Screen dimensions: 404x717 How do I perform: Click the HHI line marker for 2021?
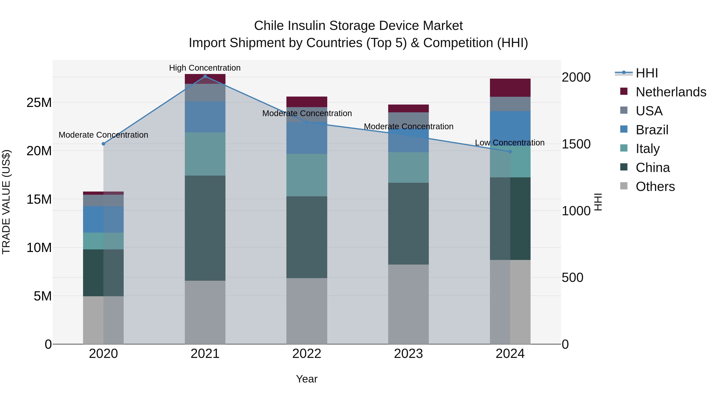(205, 76)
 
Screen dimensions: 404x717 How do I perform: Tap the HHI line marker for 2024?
(510, 152)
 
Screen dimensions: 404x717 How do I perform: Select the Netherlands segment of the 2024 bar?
(510, 88)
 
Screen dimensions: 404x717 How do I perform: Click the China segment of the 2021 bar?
(205, 228)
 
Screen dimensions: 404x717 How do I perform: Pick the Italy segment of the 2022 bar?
(307, 175)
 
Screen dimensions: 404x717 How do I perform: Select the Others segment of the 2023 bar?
(408, 304)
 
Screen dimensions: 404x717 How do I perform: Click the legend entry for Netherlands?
(671, 92)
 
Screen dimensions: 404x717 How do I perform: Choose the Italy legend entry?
(647, 149)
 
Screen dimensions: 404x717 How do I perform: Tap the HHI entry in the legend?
(646, 73)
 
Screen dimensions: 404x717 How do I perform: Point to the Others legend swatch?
(624, 186)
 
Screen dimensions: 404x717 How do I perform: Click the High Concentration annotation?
(205, 68)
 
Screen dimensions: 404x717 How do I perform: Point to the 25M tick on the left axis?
(39, 103)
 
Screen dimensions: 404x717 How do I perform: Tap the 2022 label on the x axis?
(307, 354)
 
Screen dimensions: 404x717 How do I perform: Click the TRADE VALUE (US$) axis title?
(6, 202)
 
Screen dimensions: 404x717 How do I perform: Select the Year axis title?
(307, 379)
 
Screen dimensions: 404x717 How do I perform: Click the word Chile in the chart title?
(269, 26)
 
